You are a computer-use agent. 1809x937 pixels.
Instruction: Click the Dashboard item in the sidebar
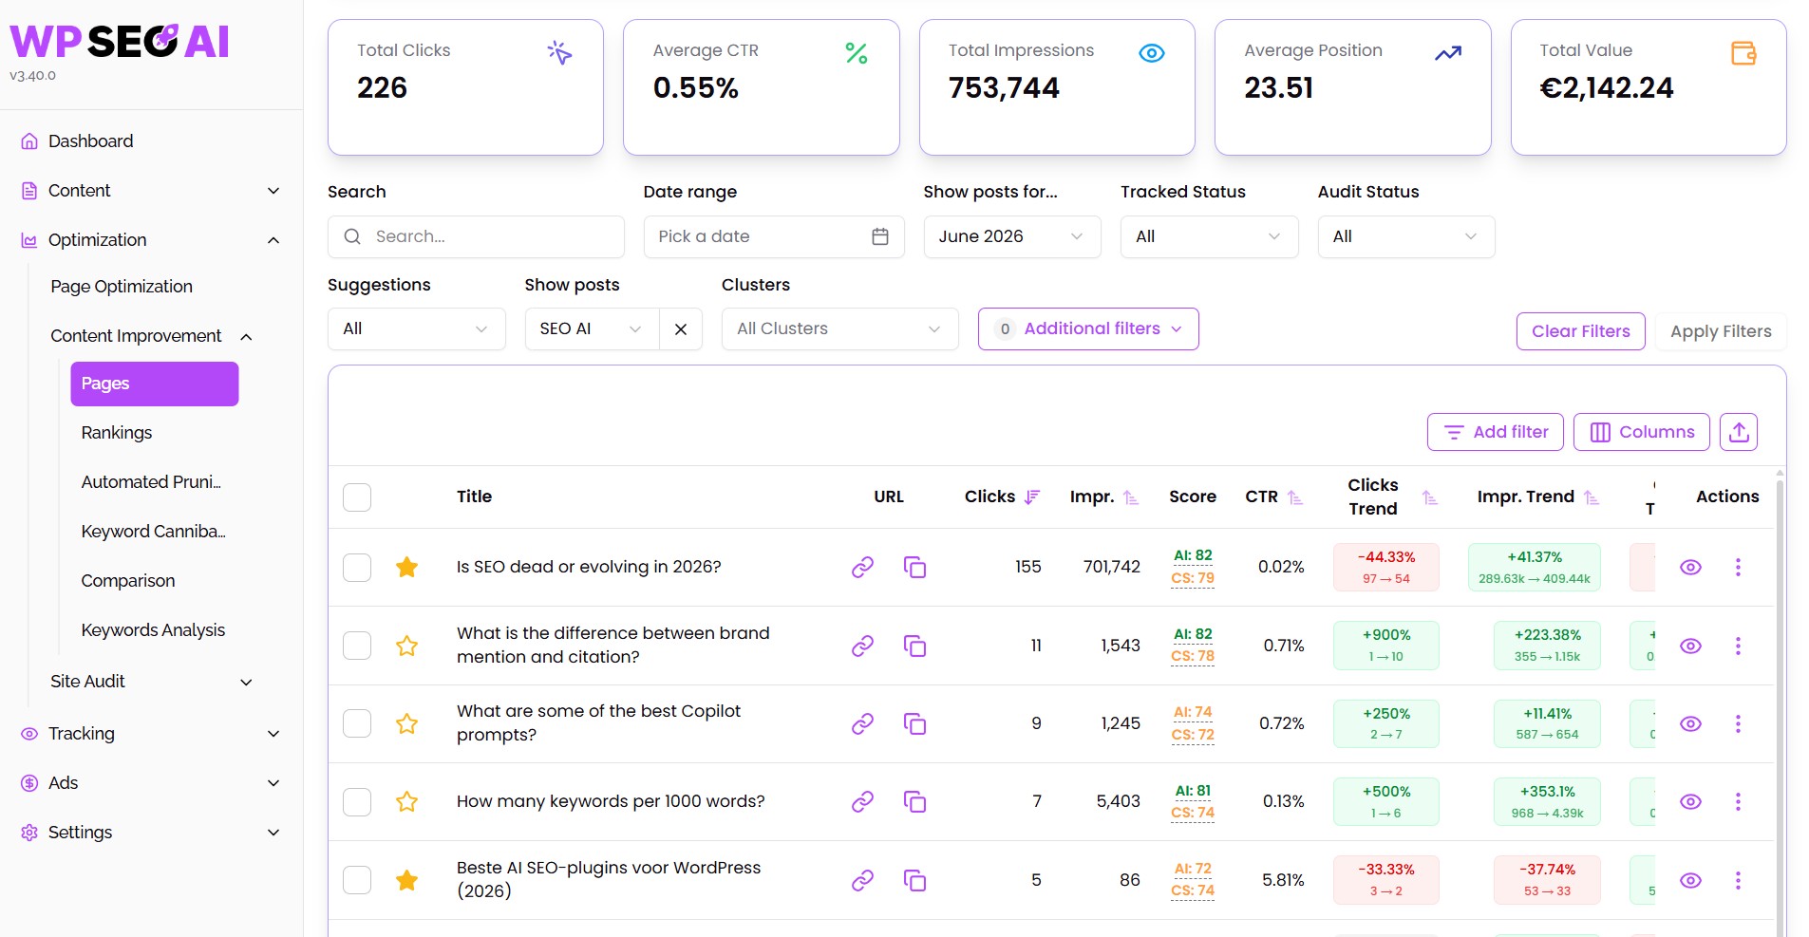(x=90, y=141)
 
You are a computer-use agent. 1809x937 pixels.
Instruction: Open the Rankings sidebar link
(x=117, y=433)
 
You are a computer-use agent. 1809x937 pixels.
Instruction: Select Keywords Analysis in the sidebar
(x=153, y=630)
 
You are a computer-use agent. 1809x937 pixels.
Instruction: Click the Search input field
(x=476, y=236)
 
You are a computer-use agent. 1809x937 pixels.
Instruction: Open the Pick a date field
(x=774, y=236)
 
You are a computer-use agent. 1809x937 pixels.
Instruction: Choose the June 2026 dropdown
(x=1012, y=236)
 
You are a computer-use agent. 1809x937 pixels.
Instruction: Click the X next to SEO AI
(x=681, y=329)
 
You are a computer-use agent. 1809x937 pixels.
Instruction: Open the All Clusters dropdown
(x=839, y=329)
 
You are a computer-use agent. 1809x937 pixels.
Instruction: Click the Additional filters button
(x=1088, y=328)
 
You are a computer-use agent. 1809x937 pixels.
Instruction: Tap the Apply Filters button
(x=1721, y=331)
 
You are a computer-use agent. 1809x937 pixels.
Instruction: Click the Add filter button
(x=1496, y=432)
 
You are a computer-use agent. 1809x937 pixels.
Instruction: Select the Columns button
(x=1642, y=432)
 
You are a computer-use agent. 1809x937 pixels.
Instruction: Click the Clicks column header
(x=990, y=497)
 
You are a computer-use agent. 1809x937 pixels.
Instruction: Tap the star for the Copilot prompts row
(x=407, y=724)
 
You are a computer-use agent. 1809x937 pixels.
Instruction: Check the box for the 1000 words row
(x=357, y=802)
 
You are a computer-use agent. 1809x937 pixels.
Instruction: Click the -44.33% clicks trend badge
(x=1386, y=567)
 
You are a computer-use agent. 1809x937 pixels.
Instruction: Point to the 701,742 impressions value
(x=1112, y=567)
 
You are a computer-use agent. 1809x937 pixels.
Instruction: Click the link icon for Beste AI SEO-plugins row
(x=862, y=880)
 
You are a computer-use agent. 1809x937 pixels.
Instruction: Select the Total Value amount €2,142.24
(x=1607, y=88)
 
